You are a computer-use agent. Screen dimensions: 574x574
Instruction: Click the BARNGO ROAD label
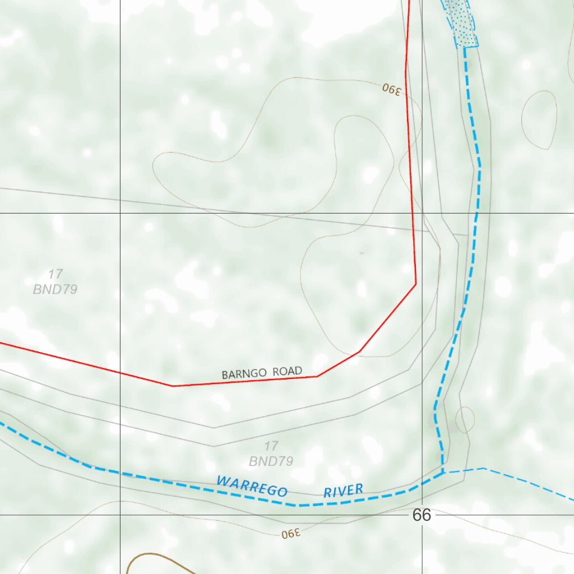pos(262,372)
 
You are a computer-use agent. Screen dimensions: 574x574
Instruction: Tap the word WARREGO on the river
pos(252,486)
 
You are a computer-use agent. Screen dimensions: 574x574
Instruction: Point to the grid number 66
pos(422,515)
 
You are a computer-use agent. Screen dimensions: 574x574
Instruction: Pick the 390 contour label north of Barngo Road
pos(392,89)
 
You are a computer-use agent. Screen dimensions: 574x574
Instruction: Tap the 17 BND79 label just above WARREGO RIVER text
pos(271,453)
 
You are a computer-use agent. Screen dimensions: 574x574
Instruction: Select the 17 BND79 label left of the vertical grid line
pos(55,281)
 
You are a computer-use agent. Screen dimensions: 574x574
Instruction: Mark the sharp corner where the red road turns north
pos(415,284)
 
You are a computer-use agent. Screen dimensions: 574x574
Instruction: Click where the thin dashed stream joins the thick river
pos(443,473)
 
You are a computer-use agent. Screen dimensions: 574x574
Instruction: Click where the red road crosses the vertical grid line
pos(121,373)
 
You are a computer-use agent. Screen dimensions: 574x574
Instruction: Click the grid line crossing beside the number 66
pos(422,514)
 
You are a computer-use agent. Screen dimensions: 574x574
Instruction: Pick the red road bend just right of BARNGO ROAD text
pos(317,376)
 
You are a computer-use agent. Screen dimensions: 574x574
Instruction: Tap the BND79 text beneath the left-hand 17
pos(55,289)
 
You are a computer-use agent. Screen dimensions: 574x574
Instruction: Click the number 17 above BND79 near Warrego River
pos(271,446)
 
